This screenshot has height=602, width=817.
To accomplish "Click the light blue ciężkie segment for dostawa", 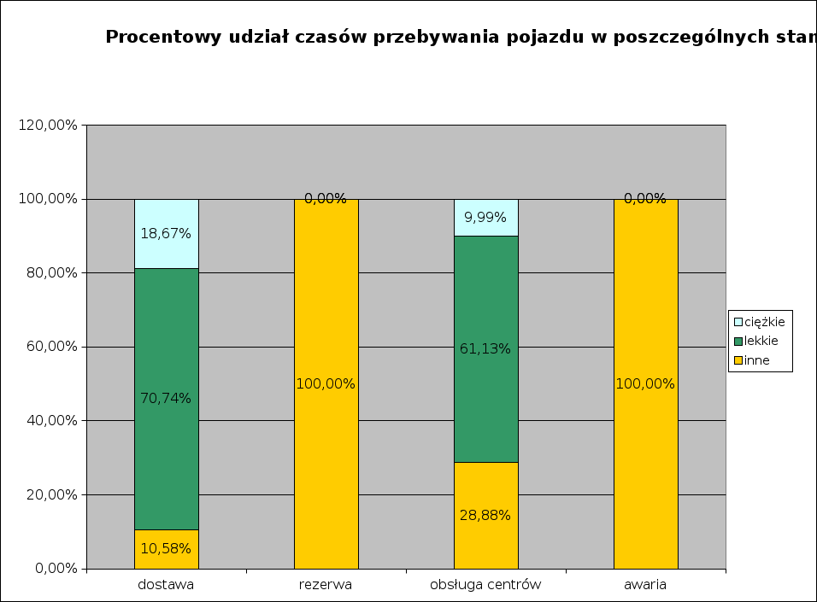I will [166, 213].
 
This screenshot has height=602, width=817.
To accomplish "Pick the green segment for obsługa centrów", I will [485, 401].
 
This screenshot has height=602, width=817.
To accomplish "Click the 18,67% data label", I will [166, 233].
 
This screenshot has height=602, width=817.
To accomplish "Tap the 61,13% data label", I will [485, 348].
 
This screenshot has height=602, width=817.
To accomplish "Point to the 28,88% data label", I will [485, 515].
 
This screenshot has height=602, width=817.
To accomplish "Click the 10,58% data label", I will [166, 548].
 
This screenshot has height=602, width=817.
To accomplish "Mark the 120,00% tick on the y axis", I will [48, 126].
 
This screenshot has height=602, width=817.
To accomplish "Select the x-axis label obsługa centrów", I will [485, 585].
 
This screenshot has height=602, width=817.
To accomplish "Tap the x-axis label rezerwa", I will [326, 585].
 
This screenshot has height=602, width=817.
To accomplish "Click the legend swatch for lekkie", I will [738, 342].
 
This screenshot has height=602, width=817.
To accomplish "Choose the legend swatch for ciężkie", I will [738, 322].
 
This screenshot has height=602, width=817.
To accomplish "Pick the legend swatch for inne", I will [738, 360].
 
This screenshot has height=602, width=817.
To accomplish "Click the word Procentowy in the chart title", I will [159, 37].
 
